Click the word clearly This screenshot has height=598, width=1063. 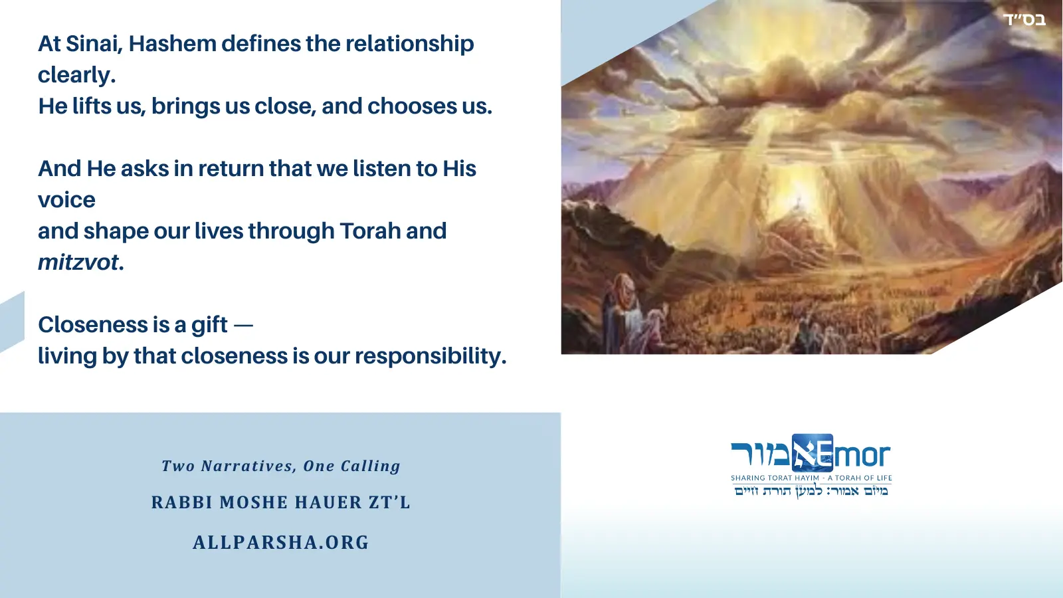[76, 75]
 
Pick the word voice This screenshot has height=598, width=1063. [66, 200]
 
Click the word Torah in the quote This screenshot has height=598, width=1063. [370, 231]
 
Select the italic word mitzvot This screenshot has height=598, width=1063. [78, 262]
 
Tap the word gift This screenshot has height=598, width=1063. [209, 325]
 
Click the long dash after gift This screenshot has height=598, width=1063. [244, 326]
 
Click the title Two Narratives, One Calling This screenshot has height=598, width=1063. [281, 466]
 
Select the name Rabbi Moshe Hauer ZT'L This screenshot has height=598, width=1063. [281, 502]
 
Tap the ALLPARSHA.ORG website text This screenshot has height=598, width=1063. [281, 542]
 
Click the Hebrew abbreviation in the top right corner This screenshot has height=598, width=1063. [1024, 20]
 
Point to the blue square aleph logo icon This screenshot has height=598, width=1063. [812, 453]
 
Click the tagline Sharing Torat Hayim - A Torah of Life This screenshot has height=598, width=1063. [811, 478]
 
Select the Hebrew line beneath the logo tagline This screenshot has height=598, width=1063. [811, 491]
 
